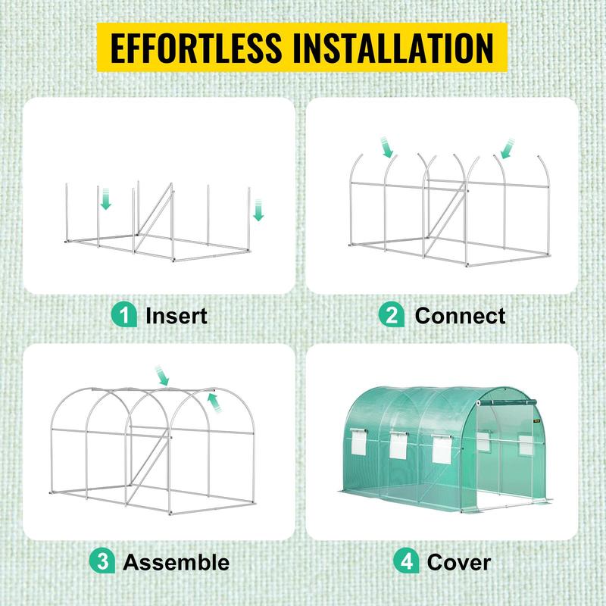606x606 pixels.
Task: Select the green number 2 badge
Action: point(391,314)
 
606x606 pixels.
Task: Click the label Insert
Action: point(176,315)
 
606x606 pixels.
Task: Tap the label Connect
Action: point(460,315)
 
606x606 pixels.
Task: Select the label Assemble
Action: point(176,562)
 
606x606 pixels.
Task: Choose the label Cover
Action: point(458,562)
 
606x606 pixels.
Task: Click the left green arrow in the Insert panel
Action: point(106,200)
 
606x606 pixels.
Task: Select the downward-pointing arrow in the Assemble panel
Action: point(162,375)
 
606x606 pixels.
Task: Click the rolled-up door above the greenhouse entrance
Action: point(509,402)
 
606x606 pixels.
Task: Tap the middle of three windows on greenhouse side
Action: point(397,448)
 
